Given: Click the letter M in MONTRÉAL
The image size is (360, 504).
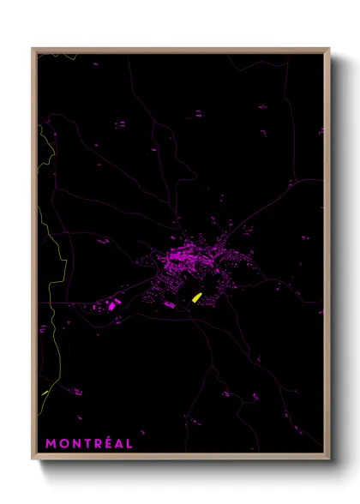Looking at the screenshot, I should pos(51,444).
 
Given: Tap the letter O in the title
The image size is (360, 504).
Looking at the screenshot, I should pos(63,444).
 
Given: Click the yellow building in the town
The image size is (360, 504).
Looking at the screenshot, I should pos(196,297).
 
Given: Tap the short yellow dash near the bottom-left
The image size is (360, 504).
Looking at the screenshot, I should pos(45,393).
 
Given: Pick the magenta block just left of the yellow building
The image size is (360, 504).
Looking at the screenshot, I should pos(171,304).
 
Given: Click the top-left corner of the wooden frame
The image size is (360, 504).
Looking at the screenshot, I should pos(33,49).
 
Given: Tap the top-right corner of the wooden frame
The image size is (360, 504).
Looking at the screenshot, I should pos(329,49).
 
